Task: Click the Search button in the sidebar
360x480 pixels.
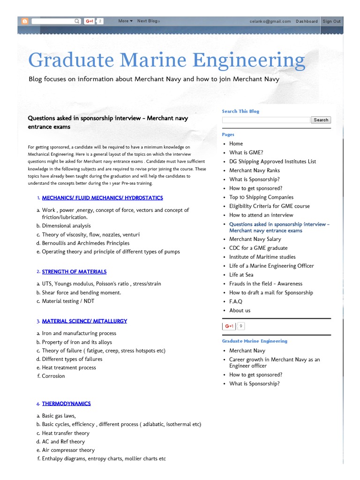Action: (x=321, y=120)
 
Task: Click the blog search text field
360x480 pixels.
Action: (x=266, y=120)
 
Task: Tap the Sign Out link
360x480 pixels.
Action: (x=331, y=21)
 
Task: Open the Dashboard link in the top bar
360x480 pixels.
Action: (x=307, y=21)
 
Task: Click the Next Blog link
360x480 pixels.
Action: (x=149, y=21)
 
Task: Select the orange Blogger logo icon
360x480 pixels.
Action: (x=25, y=21)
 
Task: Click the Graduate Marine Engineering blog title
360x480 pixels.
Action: (x=166, y=60)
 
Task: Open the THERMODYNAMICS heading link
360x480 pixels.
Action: (x=66, y=404)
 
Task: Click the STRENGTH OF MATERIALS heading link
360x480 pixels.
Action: (x=74, y=272)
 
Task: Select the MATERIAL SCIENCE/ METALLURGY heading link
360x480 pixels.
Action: (x=84, y=322)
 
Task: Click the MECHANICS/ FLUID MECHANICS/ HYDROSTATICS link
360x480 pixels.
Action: (x=102, y=198)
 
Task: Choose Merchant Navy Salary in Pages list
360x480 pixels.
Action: (x=255, y=239)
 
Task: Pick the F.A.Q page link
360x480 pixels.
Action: (x=236, y=301)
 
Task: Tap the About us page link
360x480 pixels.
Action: (x=240, y=310)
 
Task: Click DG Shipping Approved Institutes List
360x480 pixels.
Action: (x=272, y=161)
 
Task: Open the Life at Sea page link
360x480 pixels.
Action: (x=241, y=275)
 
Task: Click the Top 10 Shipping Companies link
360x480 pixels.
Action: (x=261, y=197)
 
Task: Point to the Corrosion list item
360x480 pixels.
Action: (x=53, y=376)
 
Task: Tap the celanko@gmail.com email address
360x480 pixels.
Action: (x=270, y=21)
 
